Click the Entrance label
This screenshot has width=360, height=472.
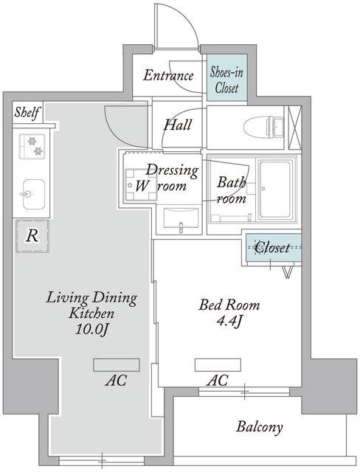pyautogui.click(x=168, y=75)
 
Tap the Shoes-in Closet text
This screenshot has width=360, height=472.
pyautogui.click(x=226, y=80)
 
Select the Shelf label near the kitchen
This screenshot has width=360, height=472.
pyautogui.click(x=27, y=113)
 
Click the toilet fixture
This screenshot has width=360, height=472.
pyautogui.click(x=264, y=128)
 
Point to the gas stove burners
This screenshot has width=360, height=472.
pyautogui.click(x=32, y=146)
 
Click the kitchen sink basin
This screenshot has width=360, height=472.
pyautogui.click(x=32, y=194)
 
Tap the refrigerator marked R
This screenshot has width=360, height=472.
pyautogui.click(x=32, y=236)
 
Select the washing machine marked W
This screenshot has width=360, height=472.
pyautogui.click(x=141, y=185)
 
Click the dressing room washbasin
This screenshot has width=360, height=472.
pyautogui.click(x=181, y=219)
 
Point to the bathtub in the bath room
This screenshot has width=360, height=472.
pyautogui.click(x=276, y=190)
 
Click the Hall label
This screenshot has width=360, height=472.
pyautogui.click(x=178, y=125)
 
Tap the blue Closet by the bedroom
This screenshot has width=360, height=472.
pyautogui.click(x=274, y=248)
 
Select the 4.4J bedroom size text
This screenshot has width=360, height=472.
pyautogui.click(x=229, y=321)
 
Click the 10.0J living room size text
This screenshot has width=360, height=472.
pyautogui.click(x=91, y=330)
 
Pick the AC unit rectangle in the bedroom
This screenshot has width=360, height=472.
pyautogui.click(x=218, y=365)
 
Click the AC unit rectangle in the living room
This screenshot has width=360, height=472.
pyautogui.click(x=116, y=365)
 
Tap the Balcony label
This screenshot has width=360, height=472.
pyautogui.click(x=260, y=427)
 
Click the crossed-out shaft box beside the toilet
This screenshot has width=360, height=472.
pyautogui.click(x=294, y=128)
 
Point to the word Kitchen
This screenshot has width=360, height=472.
pyautogui.click(x=91, y=313)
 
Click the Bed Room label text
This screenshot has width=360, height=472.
pyautogui.click(x=229, y=305)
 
